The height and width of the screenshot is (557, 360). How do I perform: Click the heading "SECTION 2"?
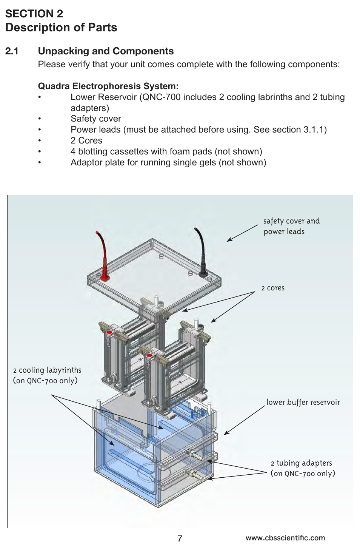pyautogui.click(x=34, y=14)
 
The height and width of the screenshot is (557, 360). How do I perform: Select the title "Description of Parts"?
pyautogui.click(x=61, y=28)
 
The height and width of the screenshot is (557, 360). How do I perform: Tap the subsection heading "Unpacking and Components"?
pyautogui.click(x=106, y=51)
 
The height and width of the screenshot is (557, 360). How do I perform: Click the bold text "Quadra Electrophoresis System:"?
pyautogui.click(x=108, y=86)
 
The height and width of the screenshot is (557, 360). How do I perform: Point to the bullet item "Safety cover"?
pyautogui.click(x=95, y=119)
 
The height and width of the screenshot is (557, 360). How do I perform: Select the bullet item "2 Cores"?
pyautogui.click(x=86, y=140)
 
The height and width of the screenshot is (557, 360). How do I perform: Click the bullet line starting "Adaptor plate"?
pyautogui.click(x=168, y=162)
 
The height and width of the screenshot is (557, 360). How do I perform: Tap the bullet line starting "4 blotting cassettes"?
pyautogui.click(x=166, y=151)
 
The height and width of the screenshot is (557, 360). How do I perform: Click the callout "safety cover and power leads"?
pyautogui.click(x=291, y=226)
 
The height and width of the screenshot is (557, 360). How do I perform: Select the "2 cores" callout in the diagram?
pyautogui.click(x=272, y=288)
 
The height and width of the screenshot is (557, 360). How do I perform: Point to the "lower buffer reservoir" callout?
pyautogui.click(x=303, y=402)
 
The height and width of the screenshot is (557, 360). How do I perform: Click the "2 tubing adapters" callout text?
pyautogui.click(x=302, y=468)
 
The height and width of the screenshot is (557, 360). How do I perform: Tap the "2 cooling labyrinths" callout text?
pyautogui.click(x=47, y=375)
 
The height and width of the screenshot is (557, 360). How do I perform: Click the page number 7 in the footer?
pyautogui.click(x=180, y=538)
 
